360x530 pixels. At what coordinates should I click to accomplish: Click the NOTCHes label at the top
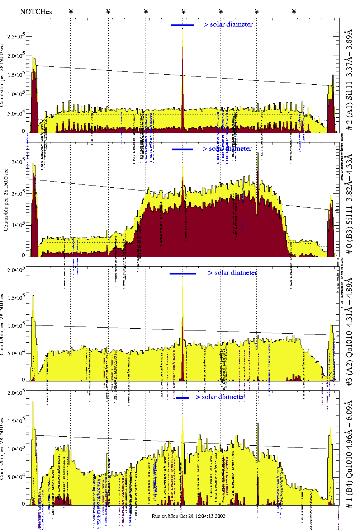point(36,11)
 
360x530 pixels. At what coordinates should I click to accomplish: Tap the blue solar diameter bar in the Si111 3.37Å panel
point(183,25)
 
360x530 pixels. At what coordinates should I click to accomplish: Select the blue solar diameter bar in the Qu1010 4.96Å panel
point(183,398)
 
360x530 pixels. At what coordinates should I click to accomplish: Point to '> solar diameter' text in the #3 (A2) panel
point(232,273)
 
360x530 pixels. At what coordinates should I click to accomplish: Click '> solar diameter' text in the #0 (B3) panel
point(227,149)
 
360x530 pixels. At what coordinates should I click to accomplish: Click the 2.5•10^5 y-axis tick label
point(16,36)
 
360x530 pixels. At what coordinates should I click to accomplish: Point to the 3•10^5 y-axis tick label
point(18,162)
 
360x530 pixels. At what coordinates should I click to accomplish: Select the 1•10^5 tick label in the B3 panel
point(18,225)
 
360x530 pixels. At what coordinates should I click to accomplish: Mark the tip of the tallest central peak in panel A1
point(183,28)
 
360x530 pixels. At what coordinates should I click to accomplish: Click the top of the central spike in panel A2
point(183,277)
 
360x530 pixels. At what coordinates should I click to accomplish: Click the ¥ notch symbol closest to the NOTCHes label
point(71,11)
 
